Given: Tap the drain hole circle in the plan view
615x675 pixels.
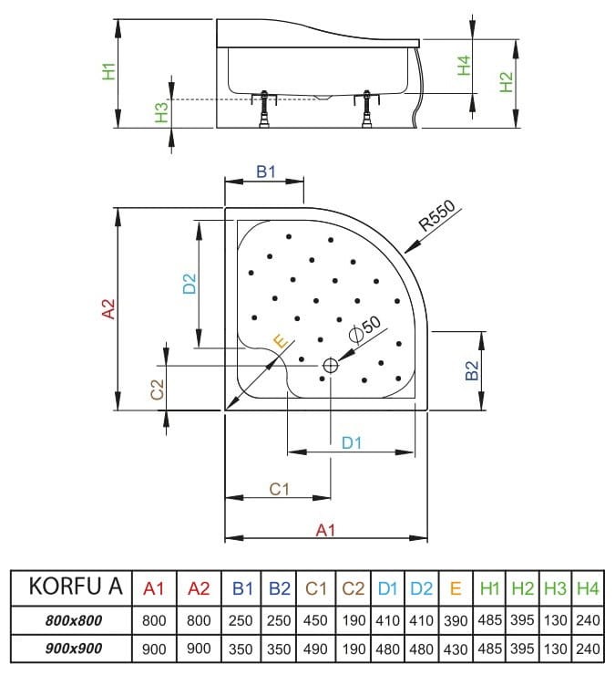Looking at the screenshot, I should click(x=329, y=366).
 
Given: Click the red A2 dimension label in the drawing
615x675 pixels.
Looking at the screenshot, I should click(x=108, y=309).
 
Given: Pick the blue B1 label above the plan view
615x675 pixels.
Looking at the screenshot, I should click(x=265, y=172).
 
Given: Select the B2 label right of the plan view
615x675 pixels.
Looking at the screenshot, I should click(x=471, y=371).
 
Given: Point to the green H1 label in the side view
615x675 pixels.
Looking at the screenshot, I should click(x=108, y=71).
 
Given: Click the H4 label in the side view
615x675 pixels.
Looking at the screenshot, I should click(x=464, y=66).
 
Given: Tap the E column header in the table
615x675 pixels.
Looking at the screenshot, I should click(x=455, y=588).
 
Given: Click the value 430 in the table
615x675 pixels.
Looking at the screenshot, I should click(x=455, y=649).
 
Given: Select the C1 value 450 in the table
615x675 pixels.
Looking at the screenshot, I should click(x=315, y=620).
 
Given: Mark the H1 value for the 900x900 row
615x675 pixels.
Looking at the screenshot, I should click(x=488, y=649).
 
